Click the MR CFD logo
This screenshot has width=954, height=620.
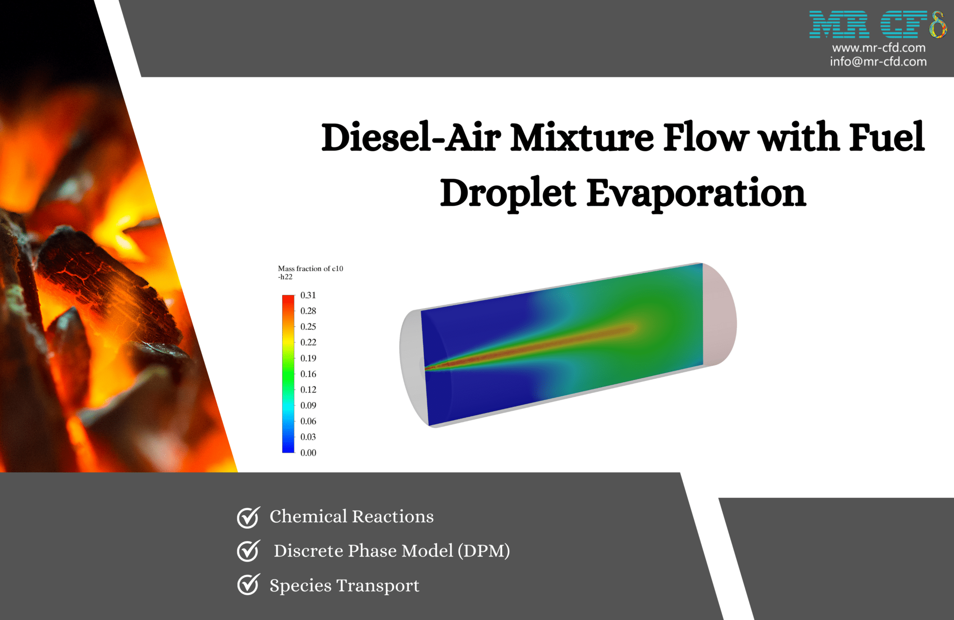[x=878, y=25]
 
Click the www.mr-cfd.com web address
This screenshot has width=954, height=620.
[x=879, y=48]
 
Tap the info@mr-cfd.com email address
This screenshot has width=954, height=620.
[x=878, y=62]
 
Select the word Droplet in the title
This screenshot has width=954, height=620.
[x=508, y=193]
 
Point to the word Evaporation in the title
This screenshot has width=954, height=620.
[x=696, y=193]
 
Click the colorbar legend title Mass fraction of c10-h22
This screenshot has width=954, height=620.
[x=310, y=272]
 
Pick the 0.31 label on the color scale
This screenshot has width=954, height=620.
[x=308, y=295]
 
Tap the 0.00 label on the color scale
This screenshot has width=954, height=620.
[x=308, y=453]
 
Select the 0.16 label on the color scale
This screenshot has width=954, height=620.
[x=308, y=374]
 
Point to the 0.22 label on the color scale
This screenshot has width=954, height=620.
[x=308, y=342]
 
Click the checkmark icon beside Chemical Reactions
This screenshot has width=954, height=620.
[x=248, y=517]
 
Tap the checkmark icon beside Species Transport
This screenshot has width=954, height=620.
[x=248, y=585]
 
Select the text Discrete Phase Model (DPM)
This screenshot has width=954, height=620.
[x=391, y=551]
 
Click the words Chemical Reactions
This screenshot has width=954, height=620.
[x=351, y=517]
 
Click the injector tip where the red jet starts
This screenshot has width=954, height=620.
[x=427, y=369]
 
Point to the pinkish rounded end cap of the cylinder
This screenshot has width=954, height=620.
[x=720, y=315]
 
